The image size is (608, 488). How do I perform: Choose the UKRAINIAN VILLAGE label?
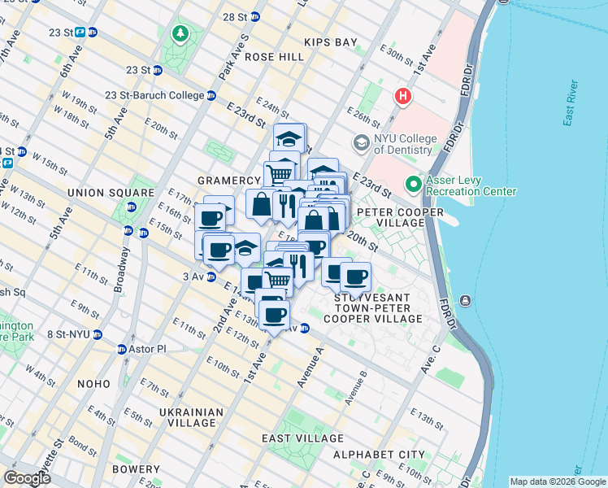coord(195,418)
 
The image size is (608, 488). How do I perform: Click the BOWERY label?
coord(137,469)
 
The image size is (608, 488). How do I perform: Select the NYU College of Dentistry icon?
coord(361,143)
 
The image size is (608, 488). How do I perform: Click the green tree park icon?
coord(180,34)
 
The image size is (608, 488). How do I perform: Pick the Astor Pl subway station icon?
coord(122,350)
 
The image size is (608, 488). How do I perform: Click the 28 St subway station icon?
coord(255,16)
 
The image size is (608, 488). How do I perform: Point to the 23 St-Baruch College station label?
coord(154,95)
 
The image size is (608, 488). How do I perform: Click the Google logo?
coord(28,477)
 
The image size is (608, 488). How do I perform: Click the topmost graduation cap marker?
coord(289,137)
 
